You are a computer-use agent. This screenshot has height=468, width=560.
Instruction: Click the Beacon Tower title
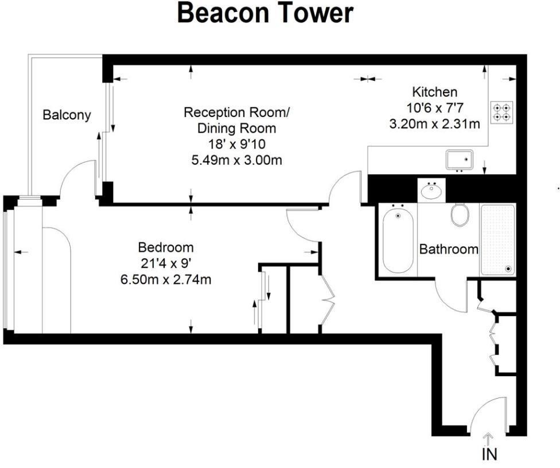265,13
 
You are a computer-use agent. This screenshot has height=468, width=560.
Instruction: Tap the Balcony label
67,115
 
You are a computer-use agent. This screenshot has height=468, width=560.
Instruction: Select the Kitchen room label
435,92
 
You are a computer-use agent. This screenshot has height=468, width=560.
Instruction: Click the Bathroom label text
449,249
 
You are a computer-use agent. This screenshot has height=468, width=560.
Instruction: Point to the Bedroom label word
166,248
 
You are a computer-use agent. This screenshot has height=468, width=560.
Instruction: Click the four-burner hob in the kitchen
502,111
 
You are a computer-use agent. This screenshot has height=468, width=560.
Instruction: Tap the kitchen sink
459,159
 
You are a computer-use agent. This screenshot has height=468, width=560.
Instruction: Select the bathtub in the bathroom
398,239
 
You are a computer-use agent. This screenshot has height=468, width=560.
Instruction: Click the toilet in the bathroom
460,214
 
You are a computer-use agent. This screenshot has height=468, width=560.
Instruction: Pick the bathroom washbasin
431,189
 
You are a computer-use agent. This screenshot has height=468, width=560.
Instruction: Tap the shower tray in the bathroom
497,239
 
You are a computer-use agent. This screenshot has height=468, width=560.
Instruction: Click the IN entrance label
489,455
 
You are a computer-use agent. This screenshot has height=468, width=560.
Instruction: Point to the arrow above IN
489,439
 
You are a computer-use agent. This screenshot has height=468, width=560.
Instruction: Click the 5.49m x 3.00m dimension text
236,160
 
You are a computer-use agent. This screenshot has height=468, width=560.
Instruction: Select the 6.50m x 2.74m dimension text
165,280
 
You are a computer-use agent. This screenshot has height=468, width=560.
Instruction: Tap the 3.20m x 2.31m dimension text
434,123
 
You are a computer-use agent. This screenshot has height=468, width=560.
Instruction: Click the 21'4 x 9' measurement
166,264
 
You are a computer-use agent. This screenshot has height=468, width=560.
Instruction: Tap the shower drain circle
508,268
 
